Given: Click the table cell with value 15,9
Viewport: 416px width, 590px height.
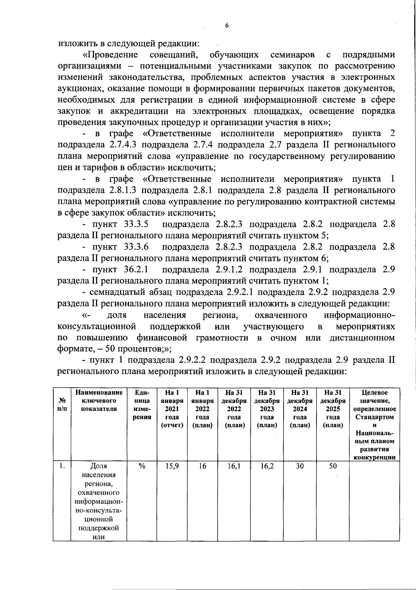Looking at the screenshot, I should coord(172,466).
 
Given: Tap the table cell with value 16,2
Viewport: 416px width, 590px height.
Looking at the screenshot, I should coord(267,466).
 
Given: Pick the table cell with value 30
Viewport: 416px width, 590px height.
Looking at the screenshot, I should coord(300,466).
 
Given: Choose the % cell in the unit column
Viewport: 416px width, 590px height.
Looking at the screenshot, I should coord(142,466).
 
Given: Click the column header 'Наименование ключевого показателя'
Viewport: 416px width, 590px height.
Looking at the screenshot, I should coord(99,401).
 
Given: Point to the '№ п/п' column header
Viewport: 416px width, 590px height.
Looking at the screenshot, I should coord(62,405).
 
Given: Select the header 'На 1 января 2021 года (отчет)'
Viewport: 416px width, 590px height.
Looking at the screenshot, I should coord(172,409).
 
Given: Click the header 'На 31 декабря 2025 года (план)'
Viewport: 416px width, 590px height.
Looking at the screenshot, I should coord(333,409).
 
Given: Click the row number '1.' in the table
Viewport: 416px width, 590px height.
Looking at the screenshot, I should coord(62,466).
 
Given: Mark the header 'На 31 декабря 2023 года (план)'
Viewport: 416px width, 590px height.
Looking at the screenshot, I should coord(267,409).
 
